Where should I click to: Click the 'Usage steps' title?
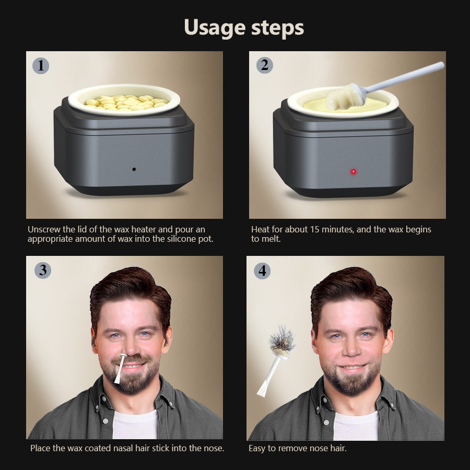pos(244,27)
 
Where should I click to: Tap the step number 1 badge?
pos(41,65)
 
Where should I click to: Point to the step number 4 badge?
pos(262,271)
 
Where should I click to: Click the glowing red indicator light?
pos(354,171)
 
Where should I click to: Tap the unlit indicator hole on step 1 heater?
pos(134,169)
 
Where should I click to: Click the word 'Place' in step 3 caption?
pos(41,448)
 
